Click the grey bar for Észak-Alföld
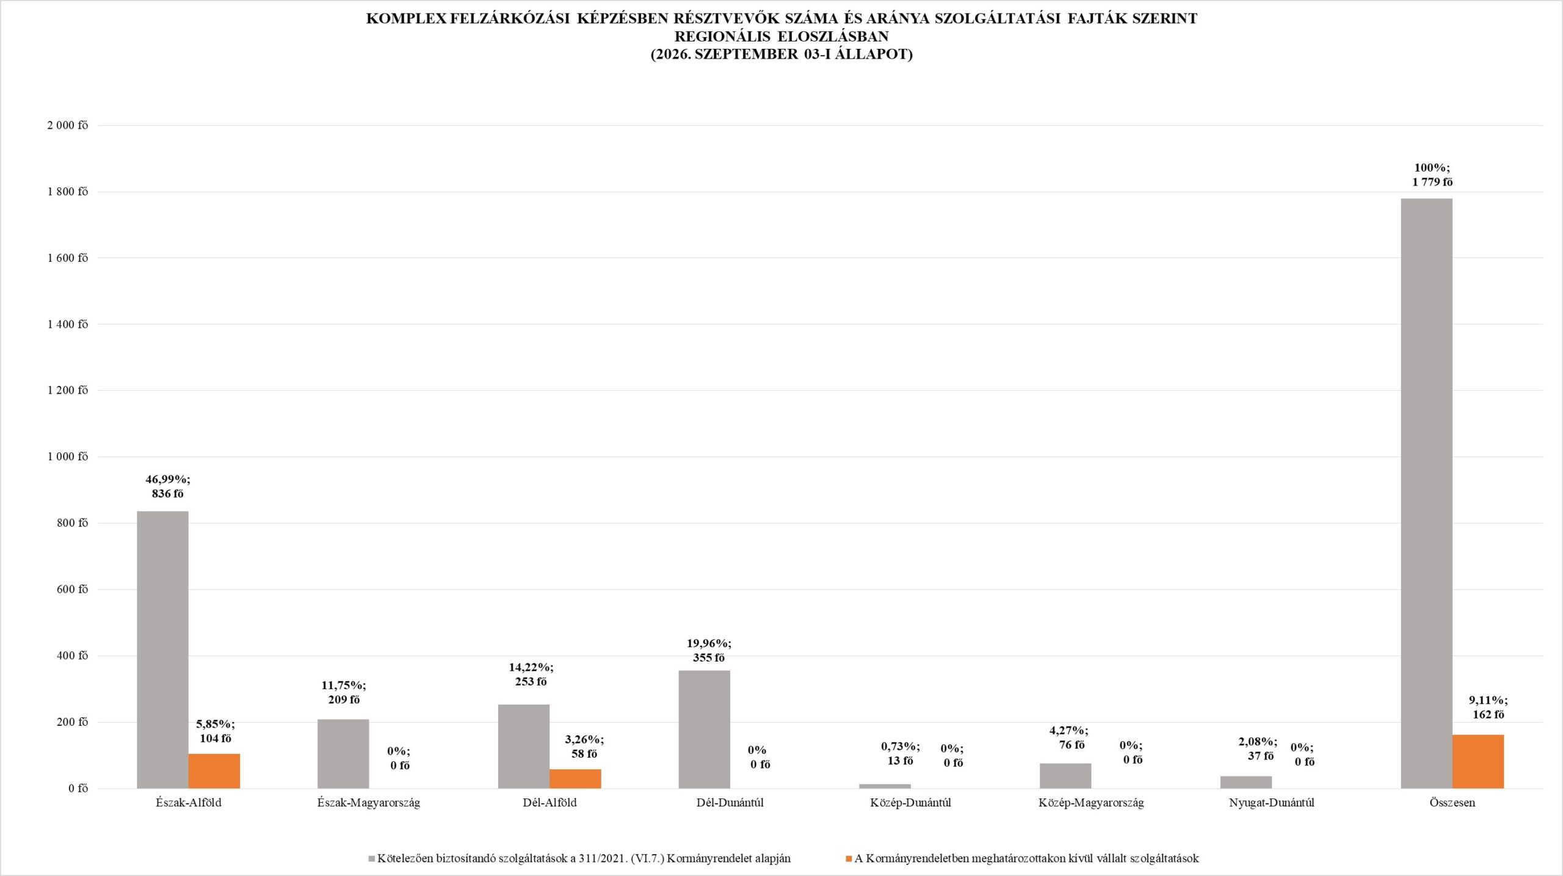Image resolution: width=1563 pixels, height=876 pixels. [x=162, y=650]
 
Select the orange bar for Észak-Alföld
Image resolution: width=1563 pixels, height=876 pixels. [x=214, y=771]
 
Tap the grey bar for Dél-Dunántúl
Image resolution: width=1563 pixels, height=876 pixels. [x=704, y=729]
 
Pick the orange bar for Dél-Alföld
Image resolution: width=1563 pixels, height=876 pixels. [x=575, y=779]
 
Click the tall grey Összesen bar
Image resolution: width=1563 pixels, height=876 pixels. [x=1427, y=493]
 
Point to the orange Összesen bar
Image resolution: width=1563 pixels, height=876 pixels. [x=1478, y=761]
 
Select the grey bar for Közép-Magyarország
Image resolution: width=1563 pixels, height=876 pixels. [x=1065, y=776]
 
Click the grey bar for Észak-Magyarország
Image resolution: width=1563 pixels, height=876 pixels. [x=343, y=754]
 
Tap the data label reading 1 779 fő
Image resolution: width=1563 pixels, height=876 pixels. [x=1432, y=182]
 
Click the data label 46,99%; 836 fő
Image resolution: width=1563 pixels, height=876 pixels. [x=168, y=487]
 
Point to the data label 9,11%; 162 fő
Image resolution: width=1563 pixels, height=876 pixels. [x=1489, y=708]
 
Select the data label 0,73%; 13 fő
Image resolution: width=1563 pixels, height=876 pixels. [x=901, y=753]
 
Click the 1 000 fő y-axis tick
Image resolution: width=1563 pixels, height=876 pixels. [x=68, y=457]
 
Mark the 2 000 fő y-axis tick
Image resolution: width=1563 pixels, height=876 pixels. [x=68, y=125]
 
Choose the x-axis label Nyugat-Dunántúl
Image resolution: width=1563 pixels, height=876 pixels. [x=1272, y=803]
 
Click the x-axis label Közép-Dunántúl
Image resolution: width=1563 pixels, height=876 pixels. [x=911, y=803]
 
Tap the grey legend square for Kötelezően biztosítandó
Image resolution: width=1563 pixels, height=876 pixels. [x=372, y=859]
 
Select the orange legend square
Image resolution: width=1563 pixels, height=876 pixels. [x=849, y=859]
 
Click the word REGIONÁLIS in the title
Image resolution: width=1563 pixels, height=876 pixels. [x=722, y=37]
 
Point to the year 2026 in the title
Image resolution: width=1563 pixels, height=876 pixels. [x=673, y=54]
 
